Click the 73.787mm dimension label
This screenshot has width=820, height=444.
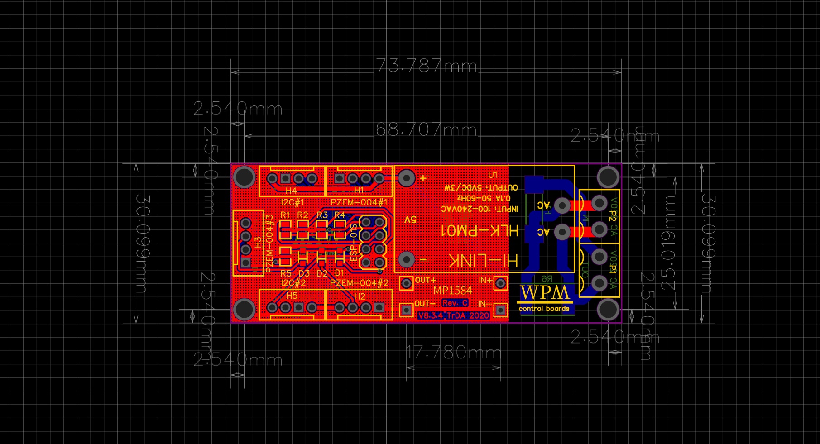pos(427,66)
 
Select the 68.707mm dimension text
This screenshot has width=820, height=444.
pos(427,130)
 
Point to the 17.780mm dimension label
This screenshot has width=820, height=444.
pos(454,352)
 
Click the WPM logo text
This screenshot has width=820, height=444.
pos(544,293)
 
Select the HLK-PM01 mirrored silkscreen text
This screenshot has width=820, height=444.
pos(480,230)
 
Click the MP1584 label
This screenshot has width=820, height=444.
pos(452,291)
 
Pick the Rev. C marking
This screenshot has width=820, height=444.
pos(455,303)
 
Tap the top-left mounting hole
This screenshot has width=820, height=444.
pos(245,177)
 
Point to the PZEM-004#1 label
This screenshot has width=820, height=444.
pos(359,202)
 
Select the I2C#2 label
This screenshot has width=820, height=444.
pos(293,283)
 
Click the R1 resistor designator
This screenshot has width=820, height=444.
pos(285,215)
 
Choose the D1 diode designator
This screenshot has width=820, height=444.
pos(340,273)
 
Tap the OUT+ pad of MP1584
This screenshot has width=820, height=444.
pos(407,283)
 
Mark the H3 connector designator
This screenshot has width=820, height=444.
pos(258,242)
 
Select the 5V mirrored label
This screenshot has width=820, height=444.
pos(410,220)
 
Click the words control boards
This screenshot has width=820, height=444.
pos(544,309)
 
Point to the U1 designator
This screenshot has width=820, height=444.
pos(493,175)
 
